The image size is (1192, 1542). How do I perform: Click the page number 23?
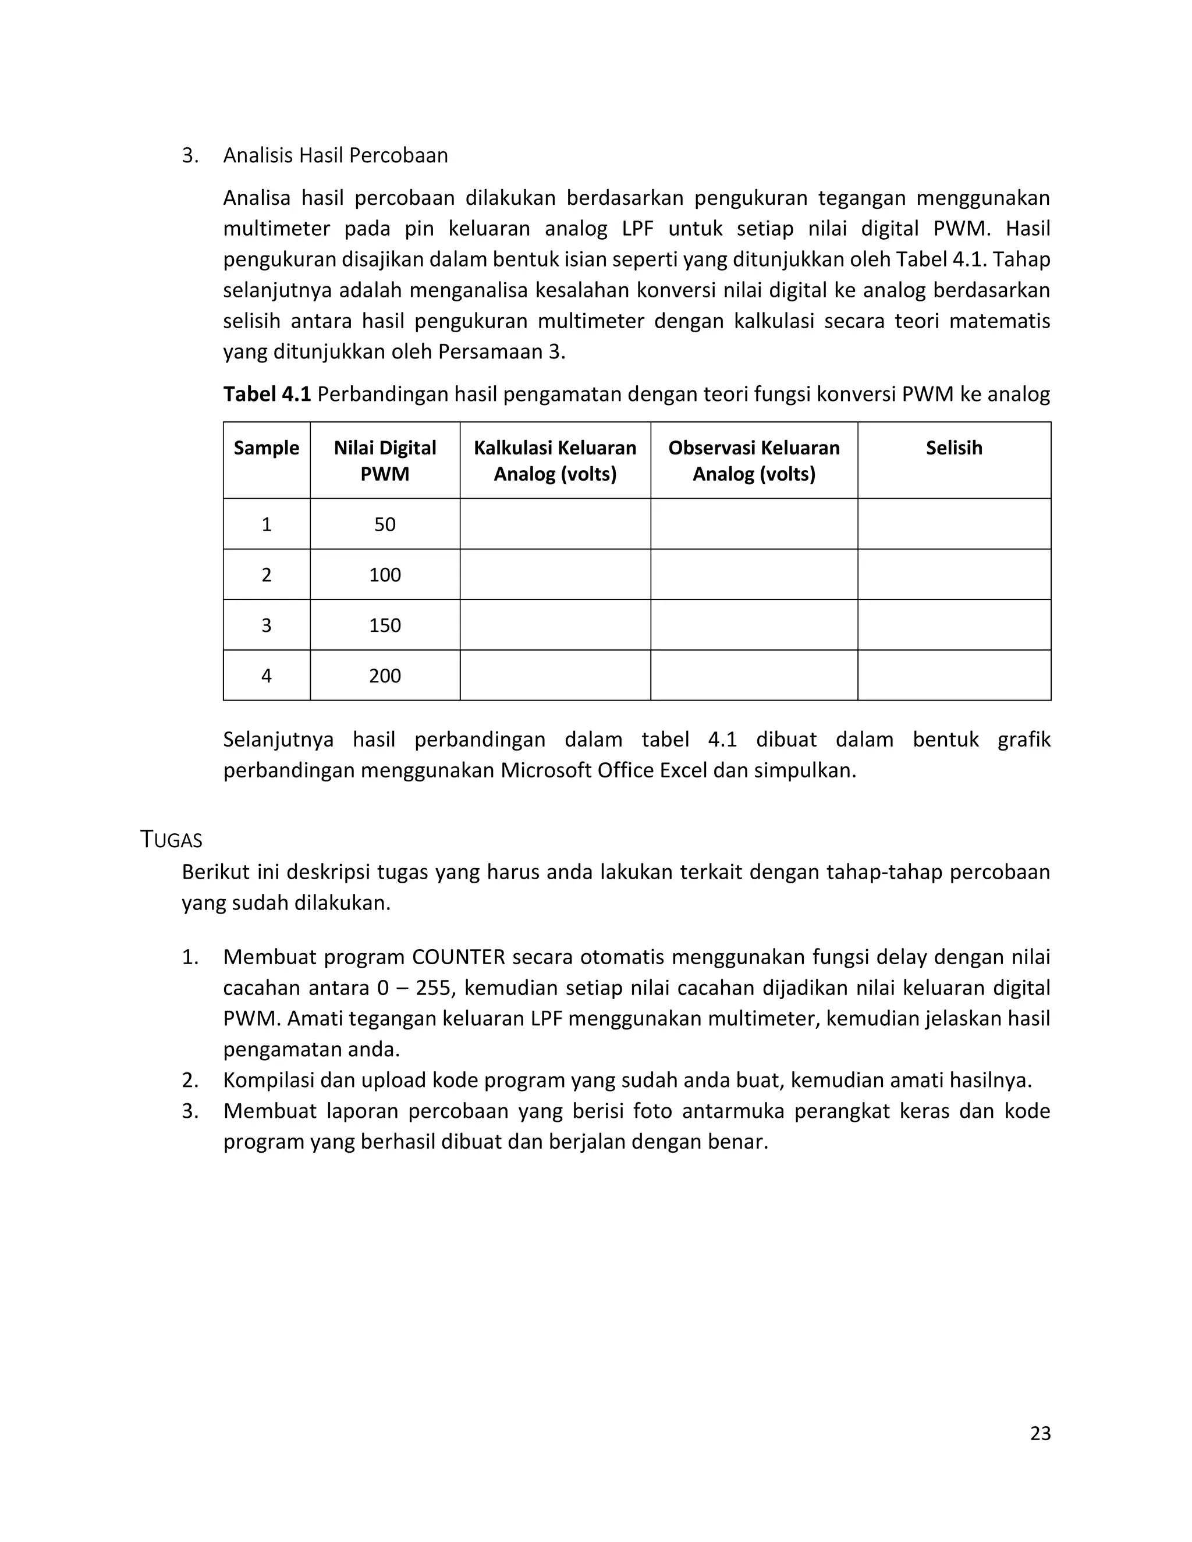[x=1040, y=1433]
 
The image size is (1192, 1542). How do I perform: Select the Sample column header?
[x=266, y=447]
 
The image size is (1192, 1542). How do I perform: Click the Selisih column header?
[x=953, y=447]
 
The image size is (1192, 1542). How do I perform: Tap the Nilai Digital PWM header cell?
[x=385, y=460]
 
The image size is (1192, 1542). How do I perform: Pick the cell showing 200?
[x=385, y=676]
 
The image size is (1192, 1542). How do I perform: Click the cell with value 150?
[x=385, y=625]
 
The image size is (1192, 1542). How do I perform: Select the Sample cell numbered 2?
[x=266, y=575]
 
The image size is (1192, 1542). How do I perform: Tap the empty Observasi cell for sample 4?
[x=754, y=676]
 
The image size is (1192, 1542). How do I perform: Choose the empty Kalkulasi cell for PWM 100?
[x=555, y=575]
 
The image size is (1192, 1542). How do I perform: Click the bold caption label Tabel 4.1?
[x=267, y=394]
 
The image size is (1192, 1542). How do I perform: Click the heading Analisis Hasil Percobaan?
[x=335, y=155]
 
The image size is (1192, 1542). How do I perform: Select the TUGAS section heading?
[x=172, y=840]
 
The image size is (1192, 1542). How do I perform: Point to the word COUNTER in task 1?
[x=458, y=957]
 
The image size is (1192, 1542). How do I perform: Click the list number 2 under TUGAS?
[x=190, y=1080]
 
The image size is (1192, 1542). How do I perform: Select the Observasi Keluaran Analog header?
[x=754, y=460]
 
